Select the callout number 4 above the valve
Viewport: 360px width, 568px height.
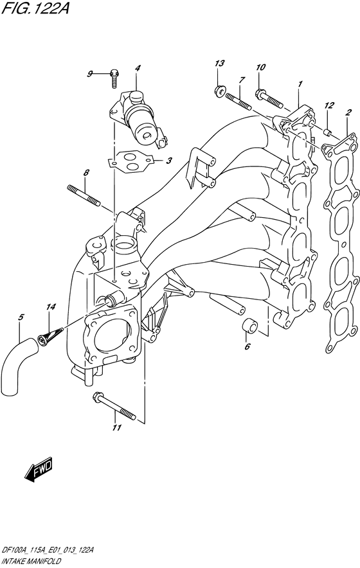point(138,68)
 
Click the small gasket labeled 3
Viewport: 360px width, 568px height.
point(132,161)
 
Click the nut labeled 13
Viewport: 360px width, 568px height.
point(219,92)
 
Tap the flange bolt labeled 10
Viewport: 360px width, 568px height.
point(269,98)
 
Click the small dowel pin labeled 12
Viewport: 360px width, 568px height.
point(327,132)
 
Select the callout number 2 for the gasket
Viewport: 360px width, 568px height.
point(348,112)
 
